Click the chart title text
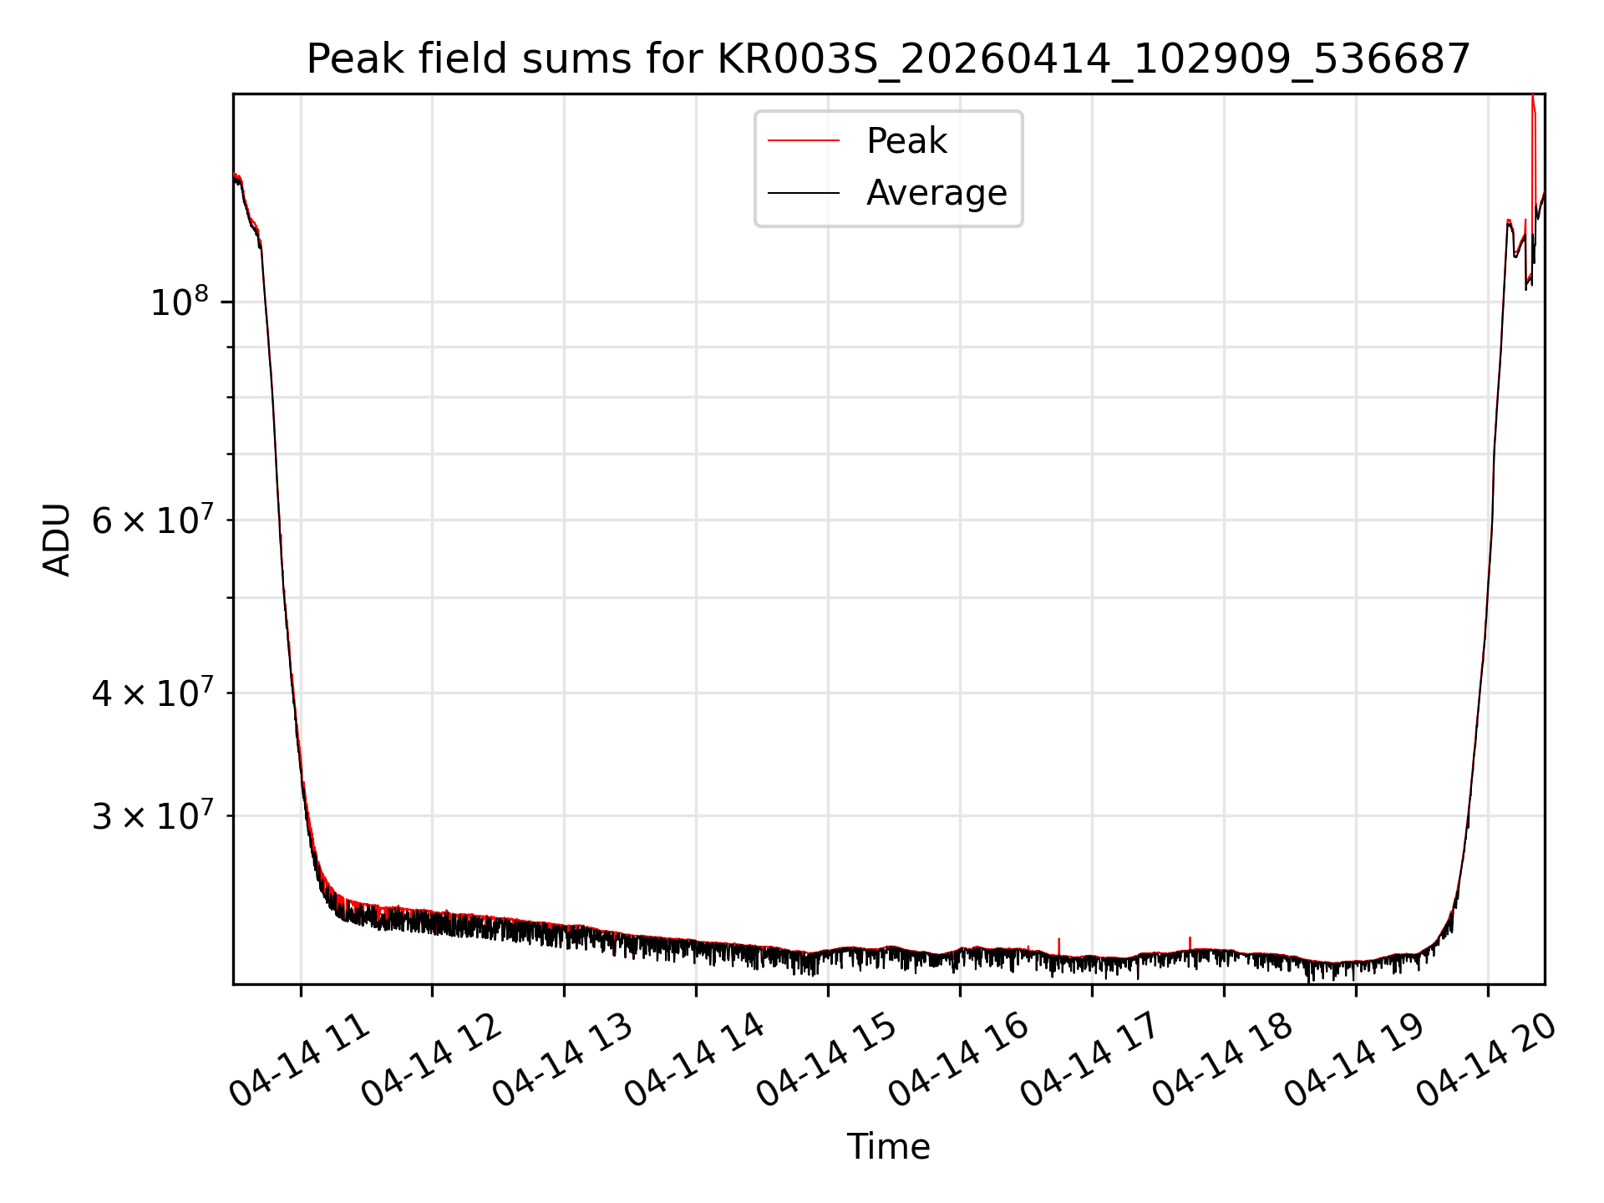[888, 59]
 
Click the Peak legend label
[906, 140]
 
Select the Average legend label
[937, 193]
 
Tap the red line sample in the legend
[804, 140]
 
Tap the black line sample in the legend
[804, 193]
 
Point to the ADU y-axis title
[57, 540]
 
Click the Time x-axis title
[888, 1147]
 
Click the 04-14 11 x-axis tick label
[299, 1059]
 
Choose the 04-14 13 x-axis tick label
[562, 1059]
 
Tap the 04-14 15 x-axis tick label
[826, 1059]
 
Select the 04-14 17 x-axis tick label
[1090, 1059]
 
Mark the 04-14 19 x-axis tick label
[1354, 1059]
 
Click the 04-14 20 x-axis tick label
[1486, 1059]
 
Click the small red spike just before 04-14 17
[1059, 947]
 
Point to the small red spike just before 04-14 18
[1190, 944]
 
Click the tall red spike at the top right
[1533, 167]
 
